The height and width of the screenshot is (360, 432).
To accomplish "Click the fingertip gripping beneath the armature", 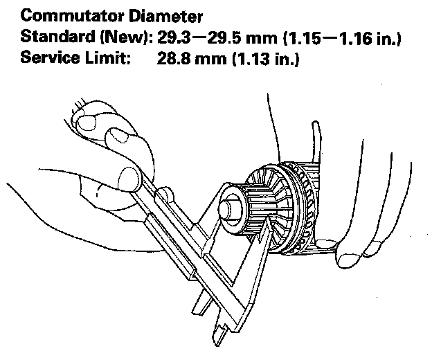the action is [x=350, y=259].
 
